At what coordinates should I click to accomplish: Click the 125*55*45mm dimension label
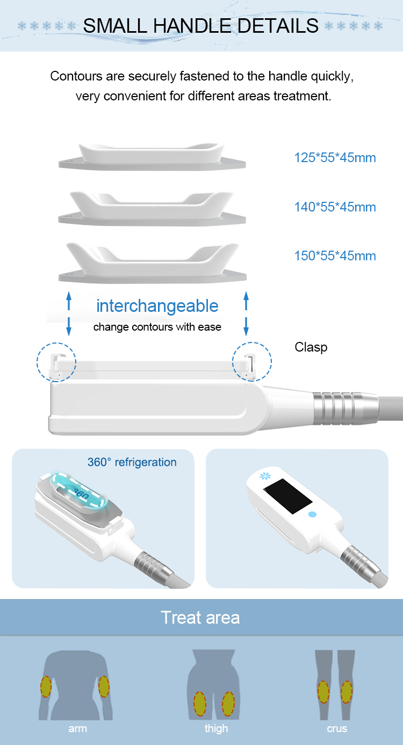pos(335,158)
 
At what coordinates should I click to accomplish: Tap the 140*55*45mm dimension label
pos(335,207)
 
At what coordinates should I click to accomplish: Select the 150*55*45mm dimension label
pos(335,256)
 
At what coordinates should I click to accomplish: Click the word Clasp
pos(311,348)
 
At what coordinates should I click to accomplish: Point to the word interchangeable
pos(157,305)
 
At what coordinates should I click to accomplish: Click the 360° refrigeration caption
pos(132,462)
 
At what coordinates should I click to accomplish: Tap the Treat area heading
pos(200,618)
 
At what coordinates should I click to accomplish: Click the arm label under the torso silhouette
pos(77,729)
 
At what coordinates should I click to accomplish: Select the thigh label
pos(216,728)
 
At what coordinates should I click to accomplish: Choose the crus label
pos(337,729)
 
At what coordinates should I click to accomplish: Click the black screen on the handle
pos(288,496)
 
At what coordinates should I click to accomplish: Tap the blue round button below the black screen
pos(312,514)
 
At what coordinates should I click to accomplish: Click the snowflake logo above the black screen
pos(265,476)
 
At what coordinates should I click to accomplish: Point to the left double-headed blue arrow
pos(69,313)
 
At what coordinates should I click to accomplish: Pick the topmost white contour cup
pos(152,156)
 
